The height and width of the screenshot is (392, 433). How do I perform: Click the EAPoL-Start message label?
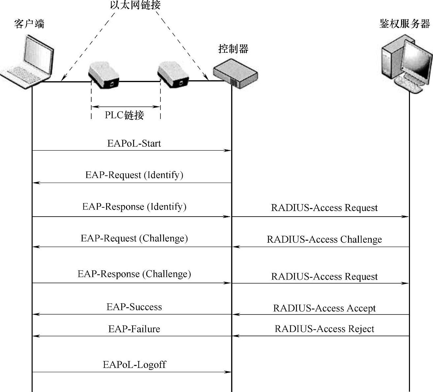point(134,143)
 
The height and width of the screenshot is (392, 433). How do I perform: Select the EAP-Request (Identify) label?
point(134,174)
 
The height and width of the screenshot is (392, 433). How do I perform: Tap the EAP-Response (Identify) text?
point(134,207)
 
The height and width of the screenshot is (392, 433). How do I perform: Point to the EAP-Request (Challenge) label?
point(134,238)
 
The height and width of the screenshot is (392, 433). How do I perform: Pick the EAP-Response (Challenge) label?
point(134,274)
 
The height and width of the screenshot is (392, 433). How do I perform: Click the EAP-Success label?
point(134,307)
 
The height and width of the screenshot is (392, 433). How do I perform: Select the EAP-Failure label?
point(134,329)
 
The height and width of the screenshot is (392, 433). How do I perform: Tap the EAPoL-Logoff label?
point(134,365)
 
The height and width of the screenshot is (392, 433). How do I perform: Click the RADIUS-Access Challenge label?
point(324,239)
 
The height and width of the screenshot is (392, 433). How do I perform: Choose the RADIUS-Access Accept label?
point(324,308)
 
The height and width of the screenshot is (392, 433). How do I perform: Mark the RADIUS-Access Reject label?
point(324,329)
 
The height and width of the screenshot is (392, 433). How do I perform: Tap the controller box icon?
point(235,74)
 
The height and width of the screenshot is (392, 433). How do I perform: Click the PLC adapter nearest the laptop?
point(104,75)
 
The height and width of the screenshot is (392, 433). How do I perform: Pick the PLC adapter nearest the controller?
point(173,75)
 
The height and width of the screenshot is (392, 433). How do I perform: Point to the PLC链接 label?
point(124,115)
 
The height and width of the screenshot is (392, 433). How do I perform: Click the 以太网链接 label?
point(135,5)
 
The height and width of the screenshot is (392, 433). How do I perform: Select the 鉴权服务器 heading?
point(405,24)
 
